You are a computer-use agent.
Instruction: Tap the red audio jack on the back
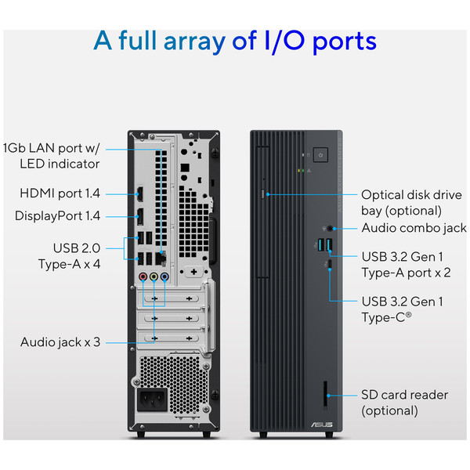[143, 277]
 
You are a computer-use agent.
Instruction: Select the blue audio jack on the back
[164, 277]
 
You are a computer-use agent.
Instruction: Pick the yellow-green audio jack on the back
[154, 277]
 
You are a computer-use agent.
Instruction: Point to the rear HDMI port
[139, 193]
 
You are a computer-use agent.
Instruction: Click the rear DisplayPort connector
[139, 217]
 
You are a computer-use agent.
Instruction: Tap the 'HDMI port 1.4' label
[60, 193]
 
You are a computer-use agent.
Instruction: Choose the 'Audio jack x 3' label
[60, 342]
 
